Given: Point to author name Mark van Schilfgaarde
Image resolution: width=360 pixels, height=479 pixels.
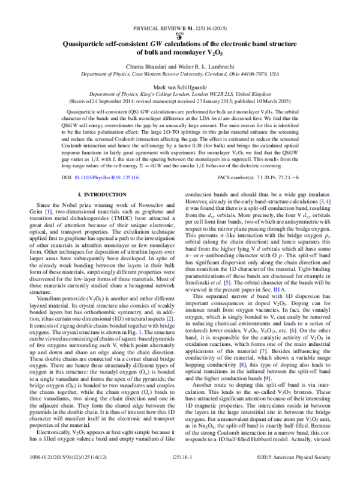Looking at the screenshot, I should tap(179, 86).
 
